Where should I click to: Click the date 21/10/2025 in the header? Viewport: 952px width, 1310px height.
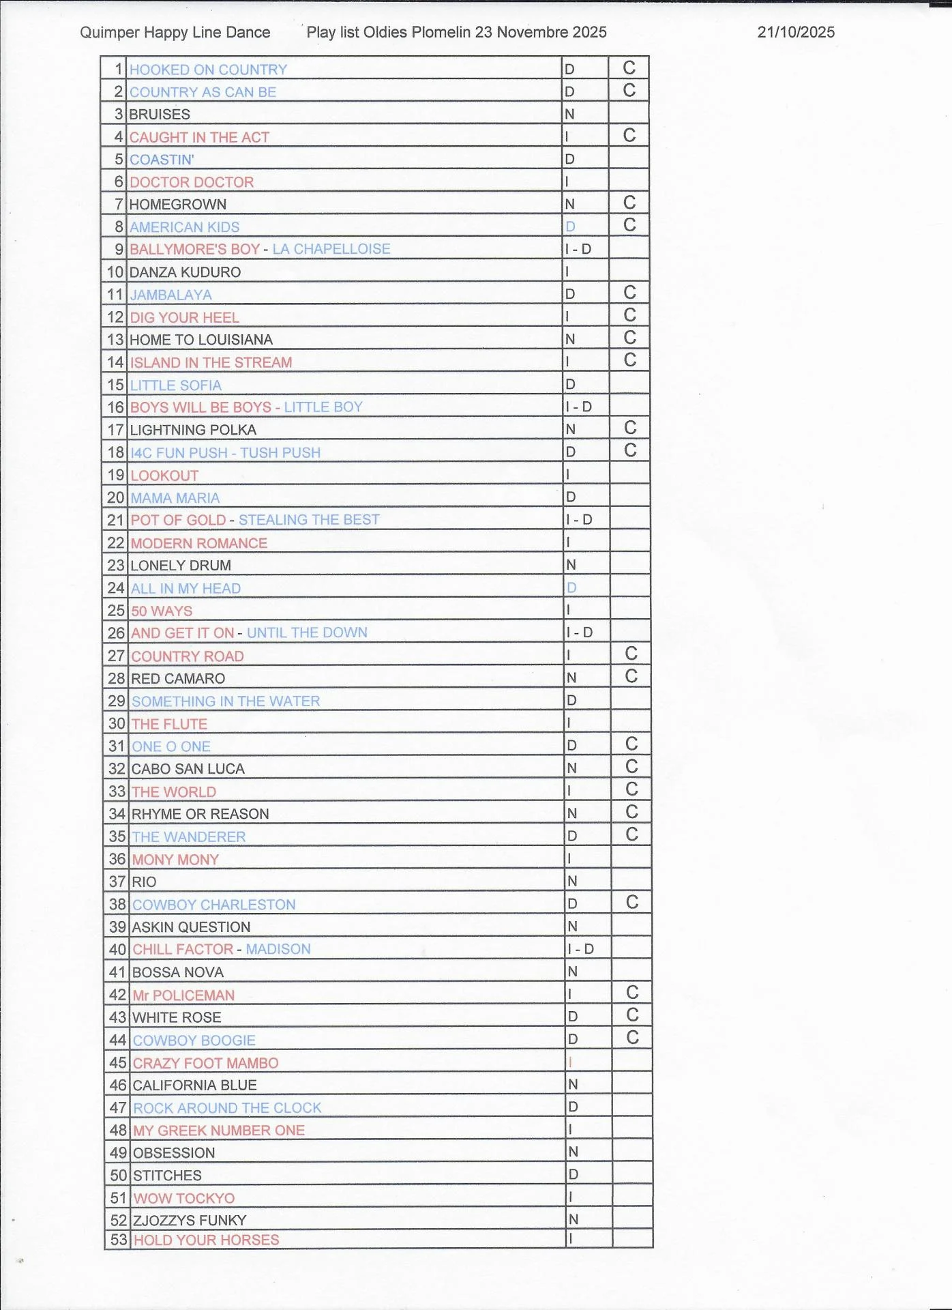coord(796,32)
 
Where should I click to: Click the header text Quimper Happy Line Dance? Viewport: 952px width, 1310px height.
coord(175,32)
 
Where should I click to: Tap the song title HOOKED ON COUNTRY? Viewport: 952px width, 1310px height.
coord(208,70)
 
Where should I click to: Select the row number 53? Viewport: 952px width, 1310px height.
coord(119,1240)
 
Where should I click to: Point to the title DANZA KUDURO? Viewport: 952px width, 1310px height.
coord(185,272)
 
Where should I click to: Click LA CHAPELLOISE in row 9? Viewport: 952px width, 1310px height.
coord(331,249)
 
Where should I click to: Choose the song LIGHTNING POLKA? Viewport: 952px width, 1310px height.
coord(193,430)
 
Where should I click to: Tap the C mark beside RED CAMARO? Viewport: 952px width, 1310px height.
coord(631,676)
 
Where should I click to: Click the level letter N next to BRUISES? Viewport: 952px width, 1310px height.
coord(569,114)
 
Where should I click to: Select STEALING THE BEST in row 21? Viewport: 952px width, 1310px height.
coord(309,520)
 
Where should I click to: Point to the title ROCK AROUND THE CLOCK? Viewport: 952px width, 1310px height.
coord(227,1108)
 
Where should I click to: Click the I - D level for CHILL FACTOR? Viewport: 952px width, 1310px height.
coord(580,949)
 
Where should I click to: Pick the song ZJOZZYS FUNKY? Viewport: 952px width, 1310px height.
coord(190,1220)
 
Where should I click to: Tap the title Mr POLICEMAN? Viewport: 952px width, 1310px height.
coord(183,995)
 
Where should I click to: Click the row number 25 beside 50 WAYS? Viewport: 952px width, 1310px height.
coord(117,611)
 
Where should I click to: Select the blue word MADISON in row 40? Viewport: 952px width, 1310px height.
coord(278,949)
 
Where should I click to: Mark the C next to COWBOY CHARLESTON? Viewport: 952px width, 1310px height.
coord(632,903)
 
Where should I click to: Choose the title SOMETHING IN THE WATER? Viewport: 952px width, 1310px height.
coord(226,701)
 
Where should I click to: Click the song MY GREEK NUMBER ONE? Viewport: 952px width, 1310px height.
coord(219,1131)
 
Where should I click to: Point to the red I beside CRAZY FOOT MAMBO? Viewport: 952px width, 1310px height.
coord(570,1062)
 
